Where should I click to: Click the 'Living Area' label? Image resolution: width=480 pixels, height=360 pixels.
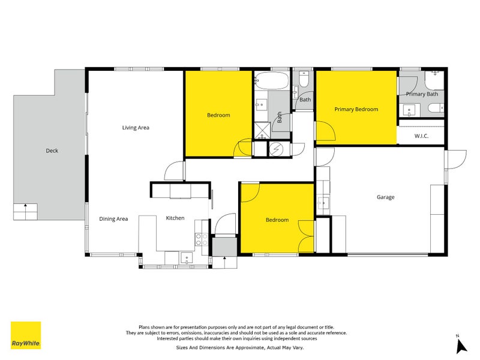coord(136,127)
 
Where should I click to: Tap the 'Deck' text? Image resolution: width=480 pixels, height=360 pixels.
coord(52,151)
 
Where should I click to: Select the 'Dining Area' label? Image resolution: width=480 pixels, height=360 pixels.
coord(113,219)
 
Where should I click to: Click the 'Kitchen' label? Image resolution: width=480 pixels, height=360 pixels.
coord(175,218)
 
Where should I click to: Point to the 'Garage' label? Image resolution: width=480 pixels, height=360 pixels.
coord(385,197)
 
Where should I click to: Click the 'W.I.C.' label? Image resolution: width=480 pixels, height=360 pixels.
coord(421,136)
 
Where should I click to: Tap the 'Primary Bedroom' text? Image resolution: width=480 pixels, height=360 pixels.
coord(356,109)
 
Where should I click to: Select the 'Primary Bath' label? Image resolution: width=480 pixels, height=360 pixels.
coord(422,94)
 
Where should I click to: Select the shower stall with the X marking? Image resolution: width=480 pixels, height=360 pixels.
coord(262,130)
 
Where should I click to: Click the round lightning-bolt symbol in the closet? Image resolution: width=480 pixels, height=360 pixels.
coord(277,149)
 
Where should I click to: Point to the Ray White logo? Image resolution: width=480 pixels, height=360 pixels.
coord(26,335)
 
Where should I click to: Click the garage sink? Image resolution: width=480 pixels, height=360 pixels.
coord(323,203)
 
